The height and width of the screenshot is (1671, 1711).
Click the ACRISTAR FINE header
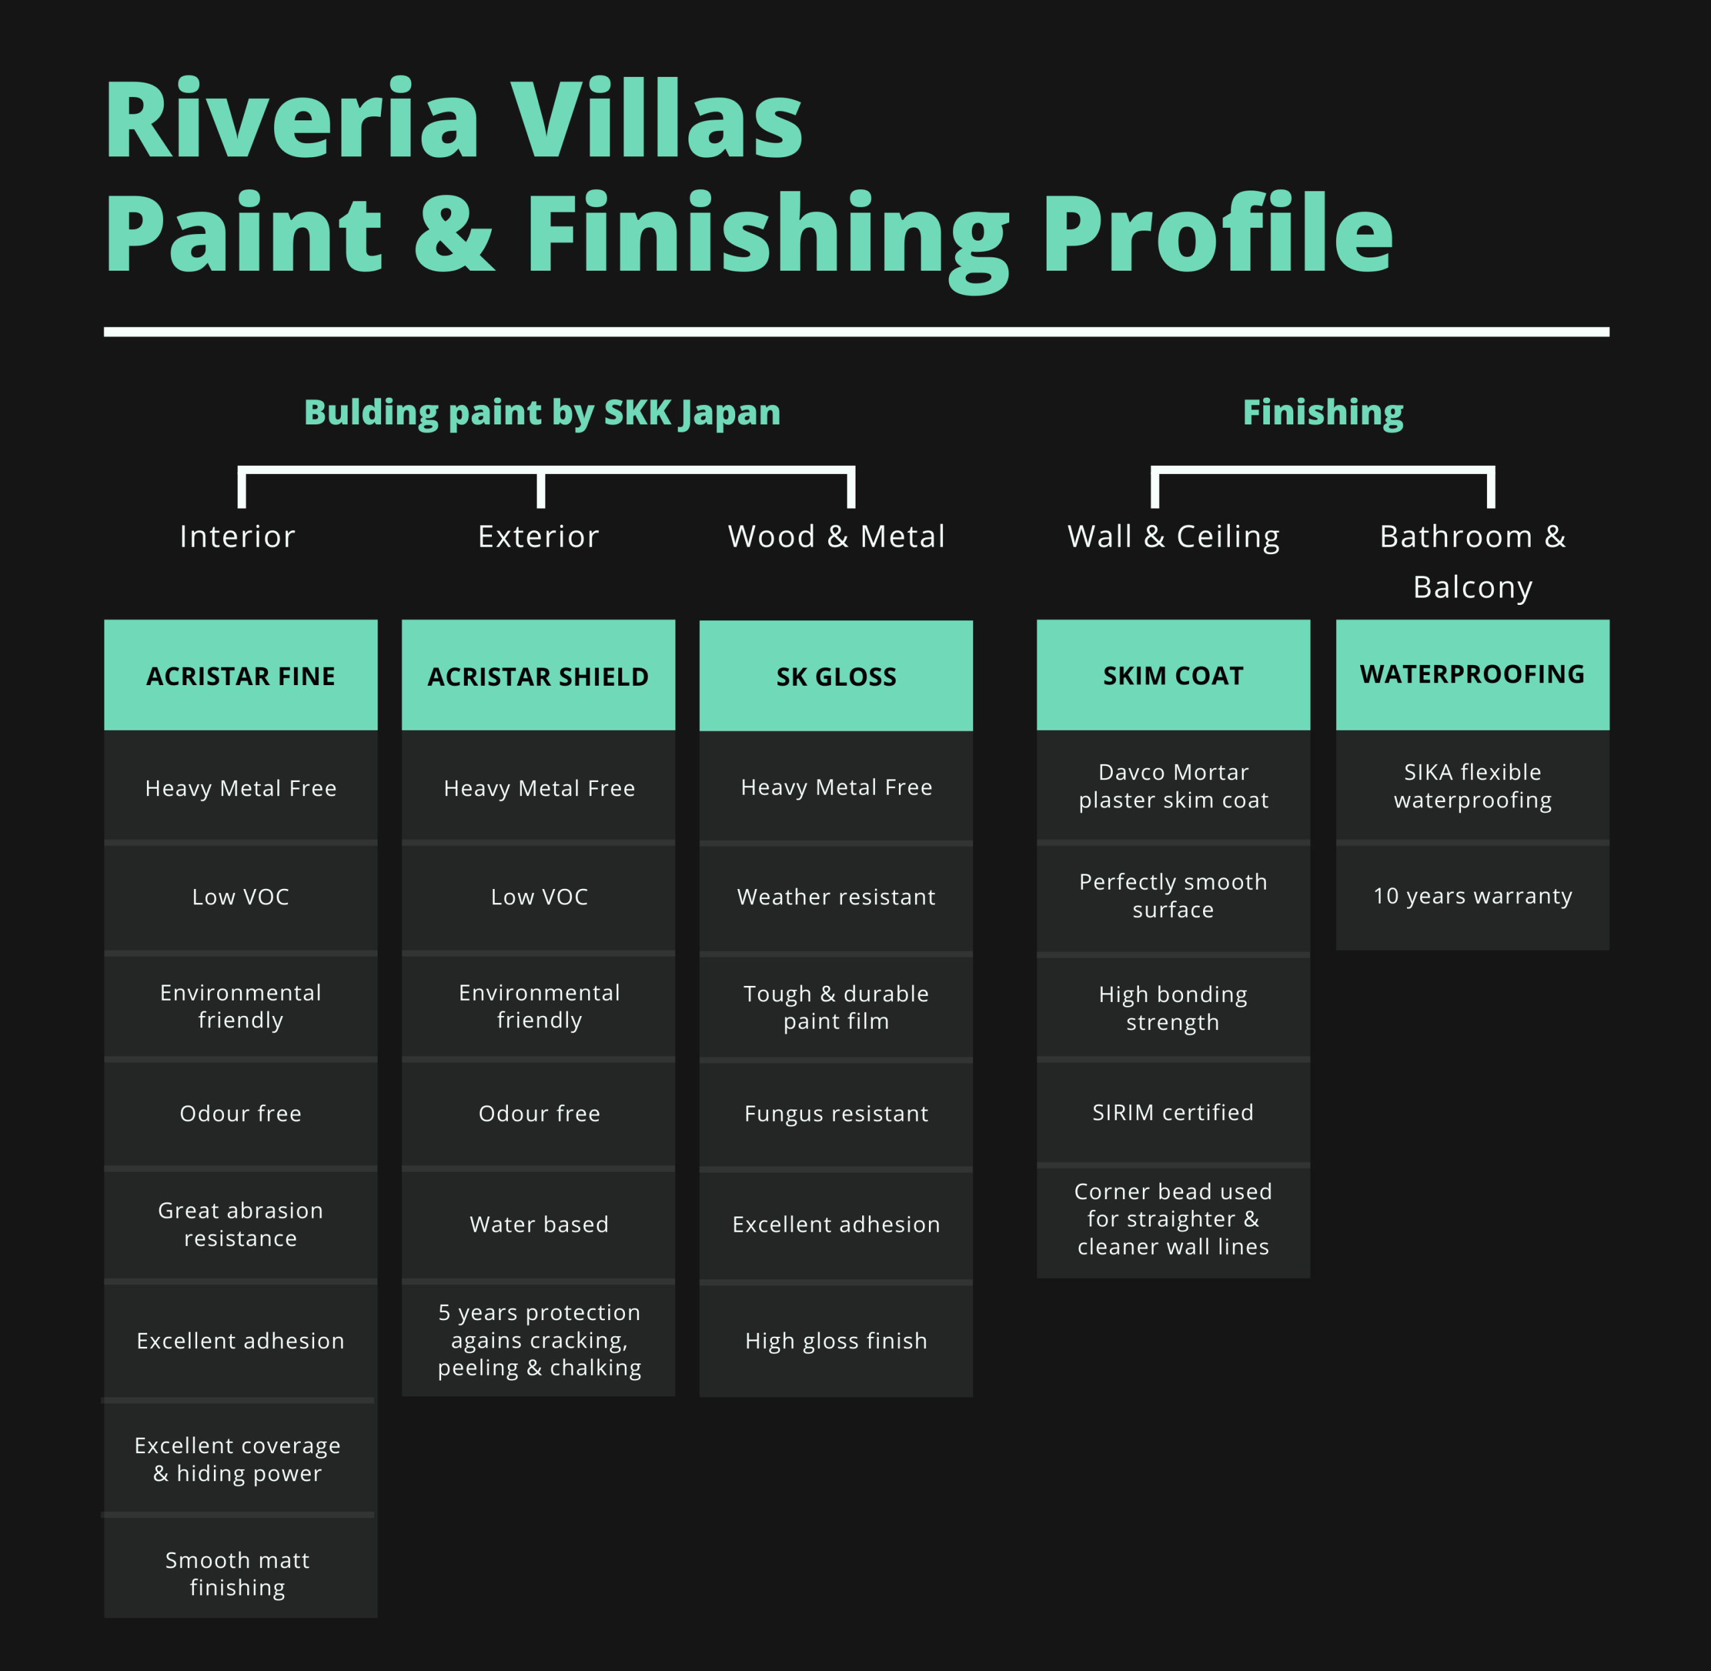tap(241, 675)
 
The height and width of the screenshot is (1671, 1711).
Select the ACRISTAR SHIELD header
tap(539, 675)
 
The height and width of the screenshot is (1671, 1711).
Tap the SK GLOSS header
tap(836, 676)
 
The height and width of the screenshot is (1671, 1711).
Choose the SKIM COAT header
tap(1173, 675)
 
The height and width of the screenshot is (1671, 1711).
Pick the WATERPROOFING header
tap(1472, 675)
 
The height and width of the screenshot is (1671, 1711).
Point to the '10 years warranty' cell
tap(1472, 896)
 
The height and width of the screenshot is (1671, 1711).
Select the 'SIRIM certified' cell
tap(1173, 1112)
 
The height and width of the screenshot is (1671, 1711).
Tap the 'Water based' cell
tap(539, 1225)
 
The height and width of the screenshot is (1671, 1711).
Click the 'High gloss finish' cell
tap(836, 1341)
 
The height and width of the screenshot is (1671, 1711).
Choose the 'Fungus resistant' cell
tap(836, 1114)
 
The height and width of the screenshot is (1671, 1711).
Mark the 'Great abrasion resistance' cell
tap(241, 1225)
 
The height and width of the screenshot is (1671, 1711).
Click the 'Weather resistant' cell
tap(836, 897)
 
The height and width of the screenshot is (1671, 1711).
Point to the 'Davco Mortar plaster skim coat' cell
tap(1173, 786)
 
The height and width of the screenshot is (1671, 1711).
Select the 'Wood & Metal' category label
tap(836, 536)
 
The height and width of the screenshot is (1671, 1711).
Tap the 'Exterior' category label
tap(539, 536)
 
